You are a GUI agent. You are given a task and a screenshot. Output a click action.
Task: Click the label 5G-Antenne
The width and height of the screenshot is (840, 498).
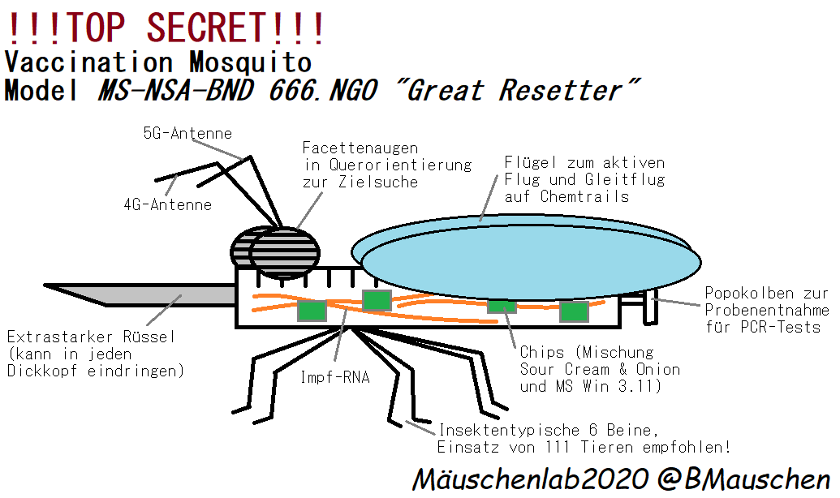[187, 134]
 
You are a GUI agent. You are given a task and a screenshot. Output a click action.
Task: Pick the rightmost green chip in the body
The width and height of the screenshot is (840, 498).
[573, 311]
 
